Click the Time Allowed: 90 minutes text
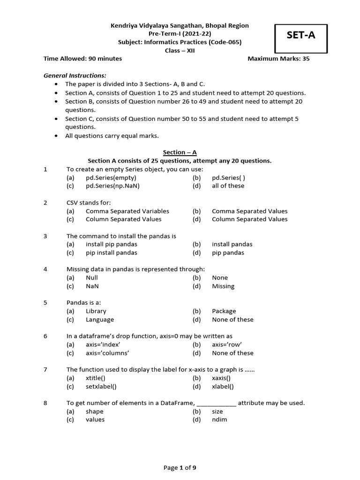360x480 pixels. click(82, 59)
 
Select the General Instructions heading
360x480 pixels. click(75, 75)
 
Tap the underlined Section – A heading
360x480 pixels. click(180, 152)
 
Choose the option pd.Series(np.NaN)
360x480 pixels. click(112, 186)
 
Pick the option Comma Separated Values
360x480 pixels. click(249, 211)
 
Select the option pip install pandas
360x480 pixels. click(112, 253)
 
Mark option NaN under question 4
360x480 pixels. click(92, 286)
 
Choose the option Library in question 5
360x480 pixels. click(96, 311)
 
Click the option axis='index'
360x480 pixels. click(106, 345)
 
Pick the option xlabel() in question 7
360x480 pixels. click(223, 386)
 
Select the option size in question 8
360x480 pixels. click(217, 411)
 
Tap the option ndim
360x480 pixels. click(219, 420)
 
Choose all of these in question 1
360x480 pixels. click(228, 186)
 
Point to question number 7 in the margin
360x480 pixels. click(45, 369)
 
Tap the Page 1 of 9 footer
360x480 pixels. click(180, 467)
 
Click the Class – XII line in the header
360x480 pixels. click(180, 51)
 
